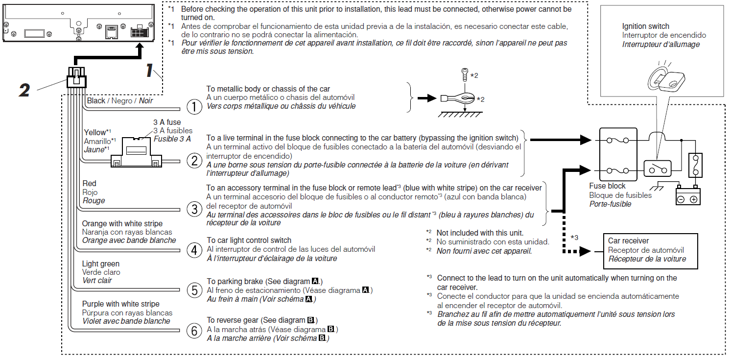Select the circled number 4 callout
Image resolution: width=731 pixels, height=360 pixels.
point(194,250)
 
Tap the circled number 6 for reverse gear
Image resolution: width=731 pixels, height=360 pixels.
point(194,332)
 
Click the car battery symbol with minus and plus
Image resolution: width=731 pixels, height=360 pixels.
point(688,196)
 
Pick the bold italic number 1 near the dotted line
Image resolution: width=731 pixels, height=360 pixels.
point(149,71)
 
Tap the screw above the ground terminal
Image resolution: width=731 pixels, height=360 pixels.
point(465,75)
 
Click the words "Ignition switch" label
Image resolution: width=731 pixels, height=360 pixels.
point(645,26)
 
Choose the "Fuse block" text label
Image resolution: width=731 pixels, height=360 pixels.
point(608,186)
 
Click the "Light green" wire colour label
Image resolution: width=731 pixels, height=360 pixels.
point(100,264)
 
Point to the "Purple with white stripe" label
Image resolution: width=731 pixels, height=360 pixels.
point(120,304)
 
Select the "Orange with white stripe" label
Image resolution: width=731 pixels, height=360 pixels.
point(122,224)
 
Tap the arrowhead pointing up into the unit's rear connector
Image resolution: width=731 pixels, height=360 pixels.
point(141,48)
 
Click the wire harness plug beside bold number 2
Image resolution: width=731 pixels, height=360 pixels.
point(76,77)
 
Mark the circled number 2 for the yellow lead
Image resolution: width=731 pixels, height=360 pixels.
point(194,160)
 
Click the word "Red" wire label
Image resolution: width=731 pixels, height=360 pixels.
point(90,184)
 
